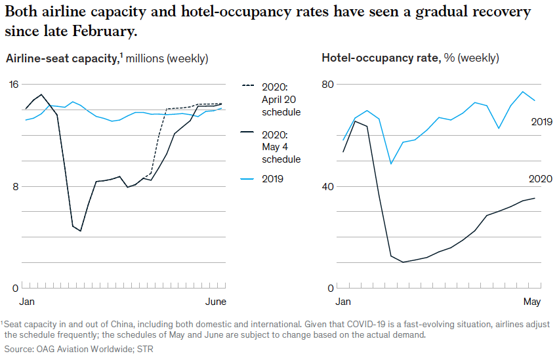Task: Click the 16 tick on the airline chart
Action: click(14, 84)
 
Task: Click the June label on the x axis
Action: click(216, 302)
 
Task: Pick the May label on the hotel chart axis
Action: click(531, 302)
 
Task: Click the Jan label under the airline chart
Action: click(27, 302)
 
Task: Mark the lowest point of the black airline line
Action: click(80, 231)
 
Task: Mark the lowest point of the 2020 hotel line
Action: click(402, 262)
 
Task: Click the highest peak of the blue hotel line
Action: click(522, 92)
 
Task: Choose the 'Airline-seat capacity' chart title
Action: click(61, 58)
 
